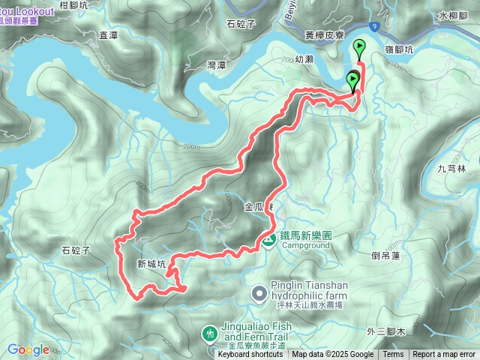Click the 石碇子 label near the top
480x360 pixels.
pyautogui.click(x=240, y=23)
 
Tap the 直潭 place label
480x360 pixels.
pyautogui.click(x=109, y=34)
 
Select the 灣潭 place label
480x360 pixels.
pyautogui.click(x=216, y=65)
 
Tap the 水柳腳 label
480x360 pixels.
pyautogui.click(x=453, y=14)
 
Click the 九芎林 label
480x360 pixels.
pyautogui.click(x=451, y=169)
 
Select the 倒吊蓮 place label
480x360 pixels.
pyautogui.click(x=386, y=255)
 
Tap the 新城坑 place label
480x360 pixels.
pyautogui.click(x=151, y=264)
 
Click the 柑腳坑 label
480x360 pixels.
pyautogui.click(x=73, y=4)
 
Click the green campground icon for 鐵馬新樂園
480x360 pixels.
pyautogui.click(x=268, y=240)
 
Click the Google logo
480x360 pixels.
pyautogui.click(x=28, y=349)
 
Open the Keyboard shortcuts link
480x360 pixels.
pyautogui.click(x=250, y=355)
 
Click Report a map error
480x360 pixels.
pyautogui.click(x=444, y=355)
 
